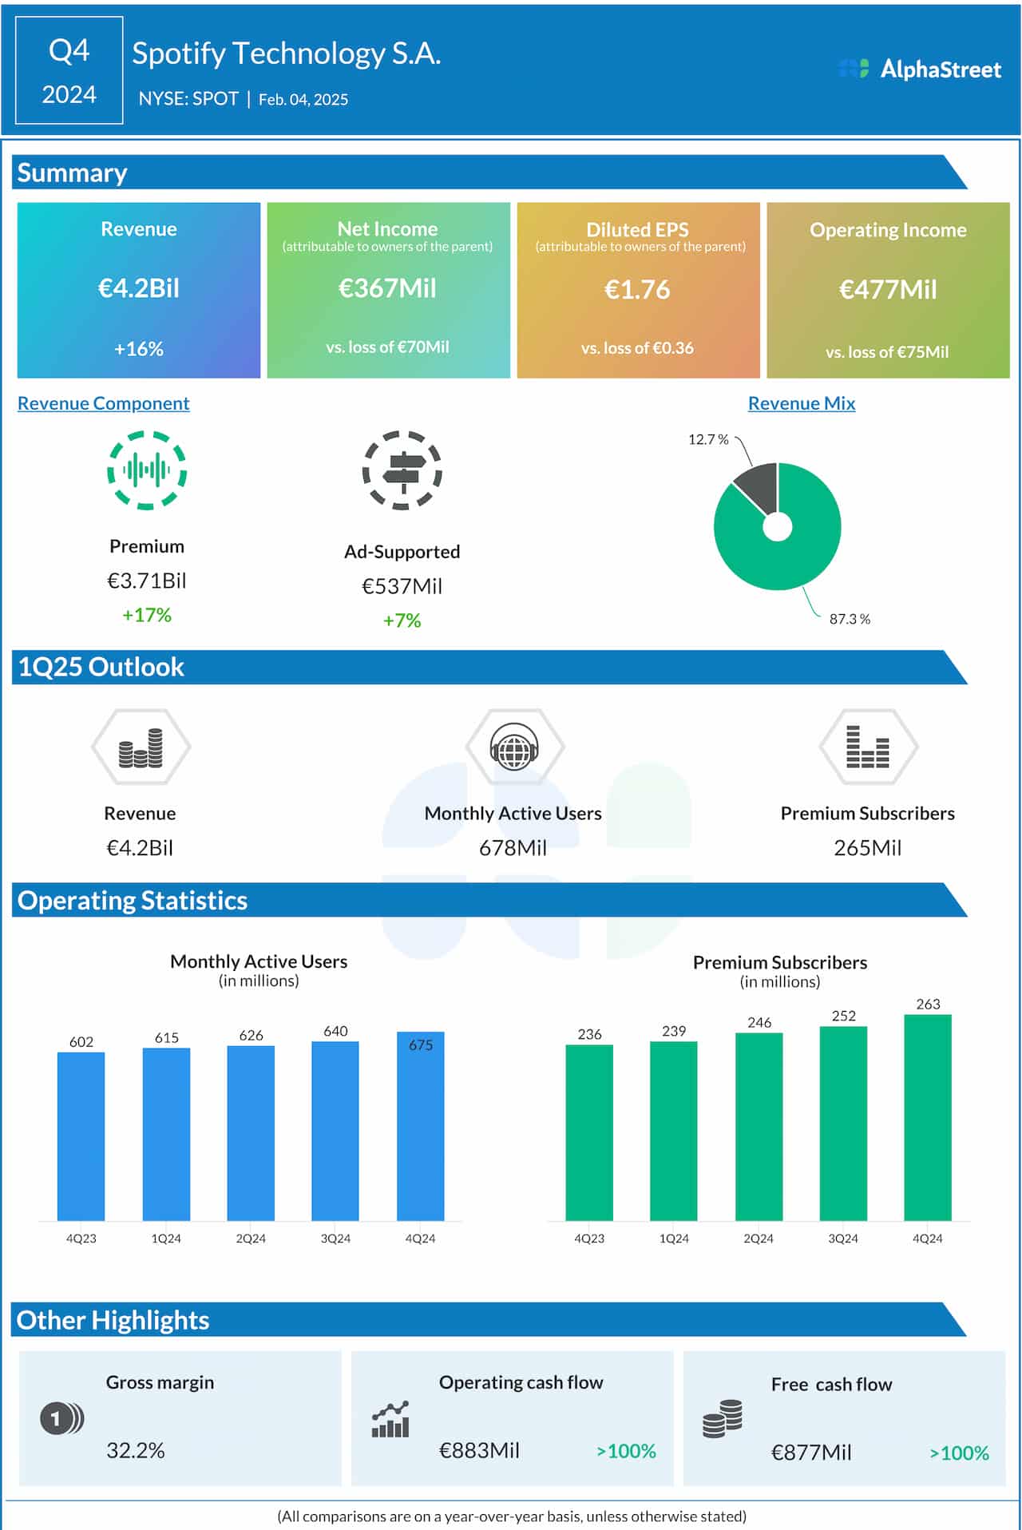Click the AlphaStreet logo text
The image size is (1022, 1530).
click(940, 69)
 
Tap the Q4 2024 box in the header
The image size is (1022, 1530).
click(69, 71)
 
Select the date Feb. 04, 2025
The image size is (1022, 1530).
click(303, 100)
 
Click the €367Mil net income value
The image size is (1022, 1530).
click(387, 288)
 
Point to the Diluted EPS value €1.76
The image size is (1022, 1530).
click(637, 289)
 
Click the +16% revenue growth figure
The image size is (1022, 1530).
click(139, 349)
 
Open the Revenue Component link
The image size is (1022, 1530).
click(104, 403)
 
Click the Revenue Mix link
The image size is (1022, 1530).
click(801, 403)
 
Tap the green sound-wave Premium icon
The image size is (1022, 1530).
click(147, 470)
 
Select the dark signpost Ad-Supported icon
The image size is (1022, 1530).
click(402, 470)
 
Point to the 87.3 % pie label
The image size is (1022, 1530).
click(850, 619)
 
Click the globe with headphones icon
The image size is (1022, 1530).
click(514, 747)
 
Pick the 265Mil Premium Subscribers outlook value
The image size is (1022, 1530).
click(867, 848)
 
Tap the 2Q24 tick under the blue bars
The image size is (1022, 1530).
click(251, 1239)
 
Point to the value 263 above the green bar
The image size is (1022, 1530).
click(928, 1004)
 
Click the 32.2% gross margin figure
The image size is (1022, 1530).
click(136, 1450)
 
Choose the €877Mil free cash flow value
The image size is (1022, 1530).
click(811, 1453)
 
